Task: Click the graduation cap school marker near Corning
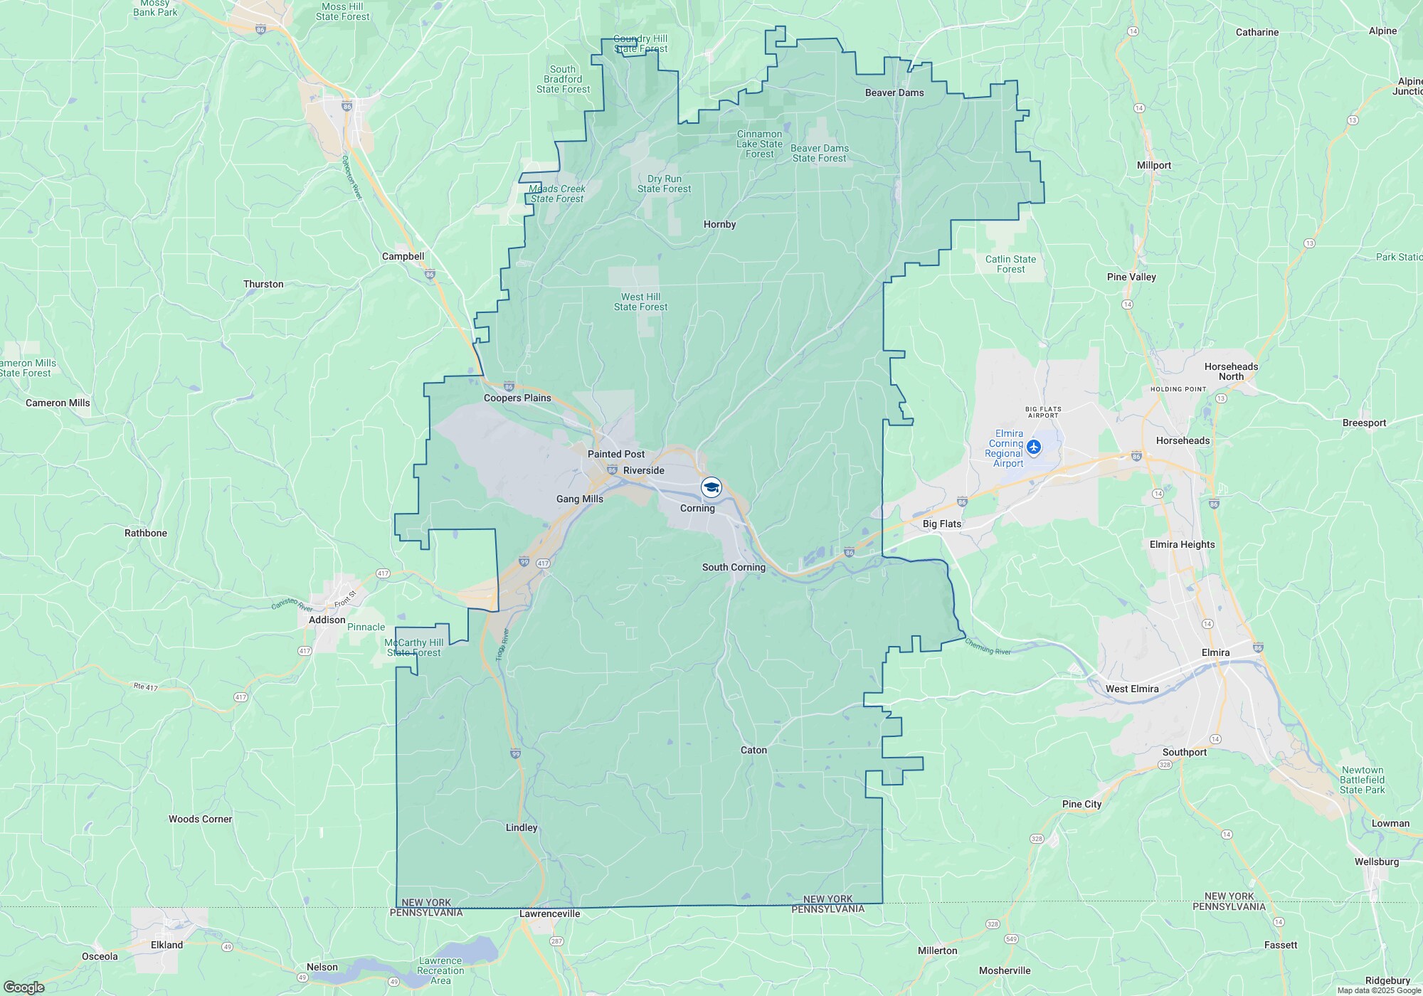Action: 711,487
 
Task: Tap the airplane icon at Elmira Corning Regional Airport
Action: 1034,447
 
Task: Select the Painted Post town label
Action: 616,454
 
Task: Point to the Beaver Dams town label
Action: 894,92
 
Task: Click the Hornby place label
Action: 719,224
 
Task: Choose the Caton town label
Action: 753,750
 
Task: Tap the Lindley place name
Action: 522,827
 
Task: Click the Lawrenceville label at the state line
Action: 550,913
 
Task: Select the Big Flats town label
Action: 942,524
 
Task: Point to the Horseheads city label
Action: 1183,440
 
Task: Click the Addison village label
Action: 327,620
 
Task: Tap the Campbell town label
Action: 403,256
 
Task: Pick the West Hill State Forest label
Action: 641,302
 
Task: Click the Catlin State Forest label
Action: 1010,264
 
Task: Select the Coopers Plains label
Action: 517,398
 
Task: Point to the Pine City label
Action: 1081,804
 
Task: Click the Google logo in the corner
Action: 23,987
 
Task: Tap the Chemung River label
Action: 988,647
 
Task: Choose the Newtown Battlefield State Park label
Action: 1363,780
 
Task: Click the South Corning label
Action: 734,567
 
